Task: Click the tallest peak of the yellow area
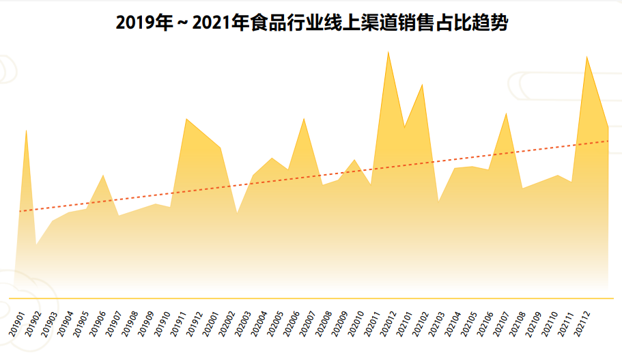[x=388, y=51]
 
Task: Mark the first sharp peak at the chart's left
[x=26, y=130]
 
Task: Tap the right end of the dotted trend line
[x=608, y=141]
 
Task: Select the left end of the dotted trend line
[x=20, y=211]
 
